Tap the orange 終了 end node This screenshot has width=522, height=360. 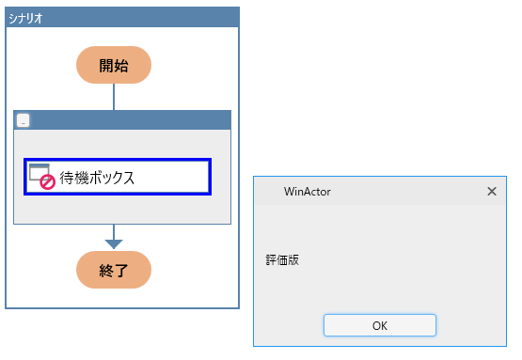click(x=114, y=270)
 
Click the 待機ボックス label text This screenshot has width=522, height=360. click(x=97, y=177)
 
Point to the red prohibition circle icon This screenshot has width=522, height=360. click(x=46, y=183)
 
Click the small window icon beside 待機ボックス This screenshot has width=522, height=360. click(x=39, y=171)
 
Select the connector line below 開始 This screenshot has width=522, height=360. click(x=114, y=96)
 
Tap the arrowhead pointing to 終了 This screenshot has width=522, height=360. click(x=114, y=243)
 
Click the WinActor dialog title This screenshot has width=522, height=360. click(x=307, y=191)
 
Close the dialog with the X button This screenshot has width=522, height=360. click(x=491, y=191)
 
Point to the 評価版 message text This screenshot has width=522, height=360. click(x=282, y=259)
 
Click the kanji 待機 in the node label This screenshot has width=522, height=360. click(x=73, y=177)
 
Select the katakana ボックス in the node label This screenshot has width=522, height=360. click(x=111, y=177)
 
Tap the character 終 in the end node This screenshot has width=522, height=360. click(x=105, y=270)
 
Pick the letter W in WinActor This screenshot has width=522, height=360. click(x=289, y=191)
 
